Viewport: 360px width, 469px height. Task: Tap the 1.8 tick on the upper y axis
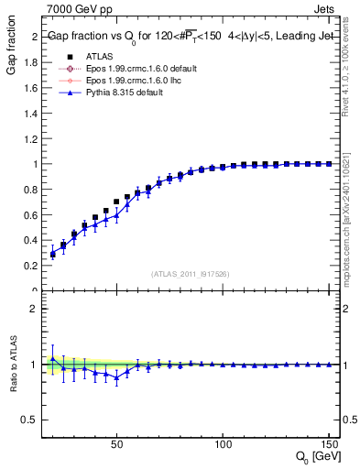coord(32,62)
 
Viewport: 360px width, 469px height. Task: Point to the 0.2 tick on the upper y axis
coord(32,266)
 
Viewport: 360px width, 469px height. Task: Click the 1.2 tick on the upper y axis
coord(32,138)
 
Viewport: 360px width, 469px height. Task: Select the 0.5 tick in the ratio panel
coord(30,420)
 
